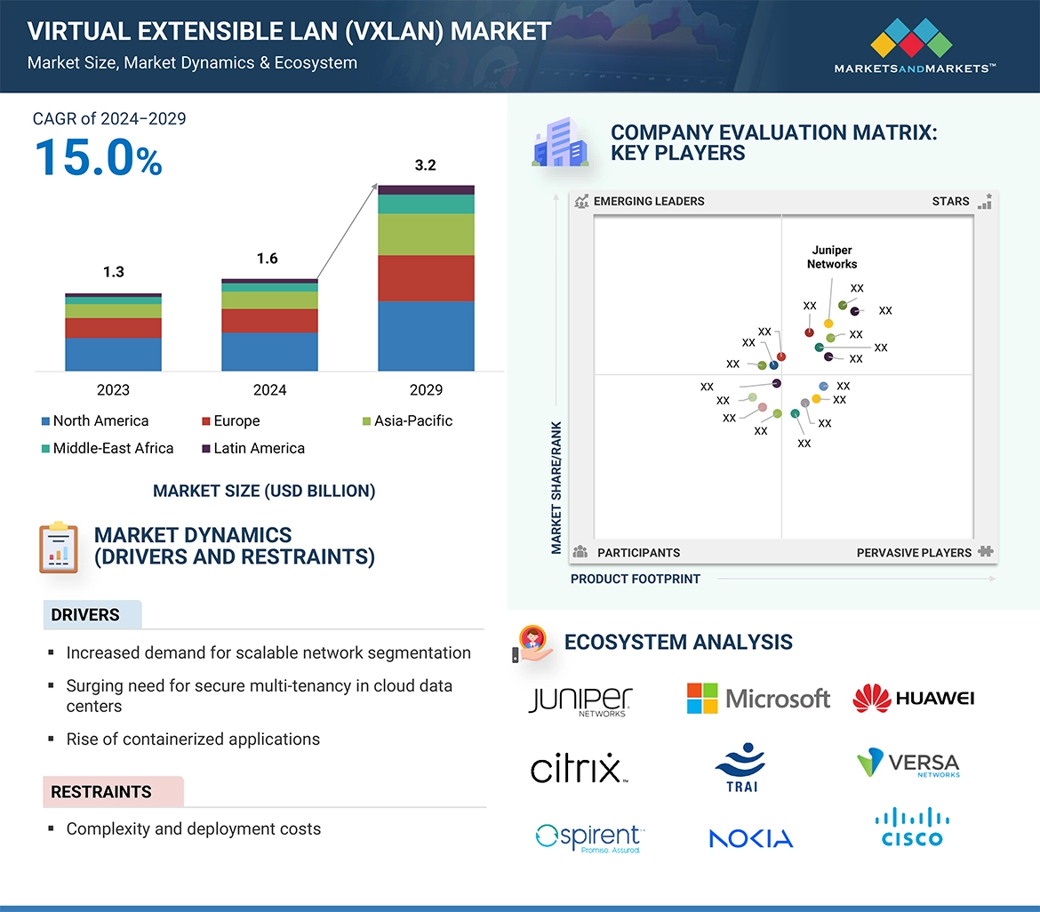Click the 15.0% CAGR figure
98,157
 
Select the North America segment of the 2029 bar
426,336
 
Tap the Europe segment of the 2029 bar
426,278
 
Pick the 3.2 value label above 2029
426,165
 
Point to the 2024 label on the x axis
269,390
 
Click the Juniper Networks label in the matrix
832,257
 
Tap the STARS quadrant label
950,202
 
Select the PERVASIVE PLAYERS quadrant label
914,553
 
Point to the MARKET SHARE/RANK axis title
557,487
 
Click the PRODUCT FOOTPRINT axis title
636,580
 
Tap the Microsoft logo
758,699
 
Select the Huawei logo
913,699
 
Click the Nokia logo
751,838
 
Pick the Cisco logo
912,828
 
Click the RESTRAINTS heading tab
101,792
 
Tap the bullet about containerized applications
193,740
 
